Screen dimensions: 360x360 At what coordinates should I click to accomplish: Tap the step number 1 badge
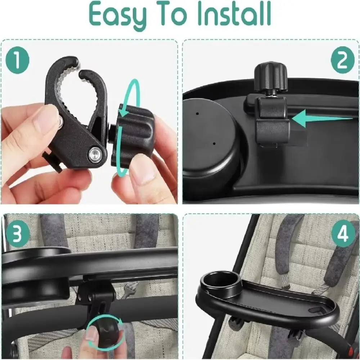coord(17,60)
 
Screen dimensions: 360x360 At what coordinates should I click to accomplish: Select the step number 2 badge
coord(342,60)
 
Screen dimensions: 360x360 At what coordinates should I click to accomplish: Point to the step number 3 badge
coord(17,235)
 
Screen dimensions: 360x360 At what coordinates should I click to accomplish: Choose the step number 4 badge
coord(342,235)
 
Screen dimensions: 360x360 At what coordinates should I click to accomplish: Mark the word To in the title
coord(172,14)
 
